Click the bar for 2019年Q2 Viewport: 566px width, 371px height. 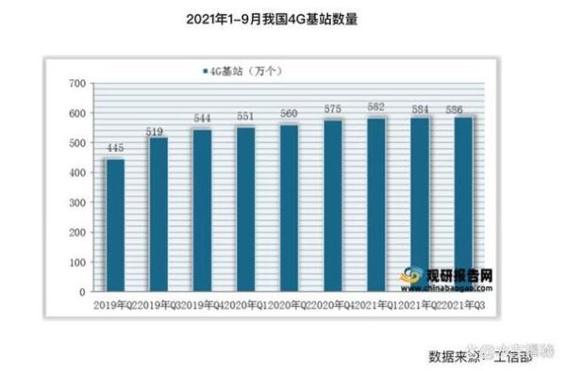[x=115, y=225]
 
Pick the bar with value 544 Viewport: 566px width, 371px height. [x=202, y=211]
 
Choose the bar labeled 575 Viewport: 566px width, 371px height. [x=332, y=206]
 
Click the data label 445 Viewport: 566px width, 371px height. [x=115, y=148]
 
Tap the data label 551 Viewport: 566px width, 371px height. [x=245, y=117]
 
